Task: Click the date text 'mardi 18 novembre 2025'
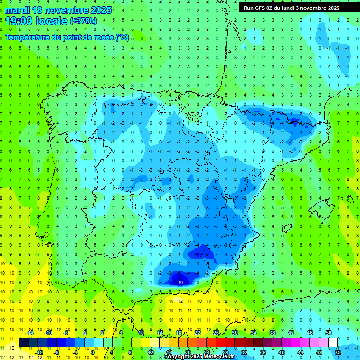click(59, 10)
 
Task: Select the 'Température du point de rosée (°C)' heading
click(67, 37)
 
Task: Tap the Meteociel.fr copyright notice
click(199, 357)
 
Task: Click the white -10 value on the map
click(180, 282)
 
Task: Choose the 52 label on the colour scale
click(338, 352)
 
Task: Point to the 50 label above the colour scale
click(329, 333)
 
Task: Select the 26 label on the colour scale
click(216, 333)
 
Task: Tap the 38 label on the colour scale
click(272, 333)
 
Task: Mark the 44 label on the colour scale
click(300, 352)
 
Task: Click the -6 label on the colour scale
click(67, 333)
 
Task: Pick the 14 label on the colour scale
click(160, 333)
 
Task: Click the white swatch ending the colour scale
click(333, 342)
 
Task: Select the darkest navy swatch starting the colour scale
click(23, 342)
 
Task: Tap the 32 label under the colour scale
click(244, 352)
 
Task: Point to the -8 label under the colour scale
click(57, 352)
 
